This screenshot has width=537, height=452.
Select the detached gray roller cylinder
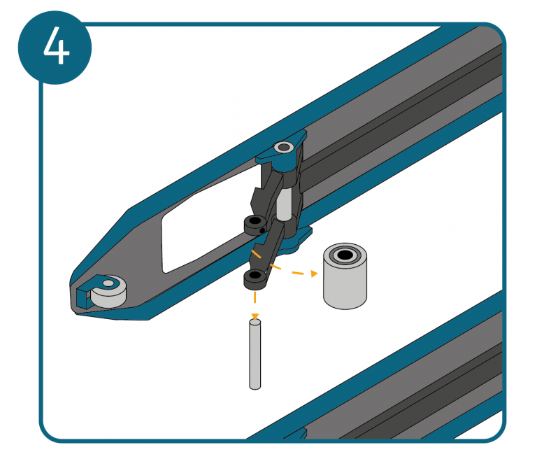345,276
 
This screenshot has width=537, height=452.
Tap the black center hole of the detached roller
345,255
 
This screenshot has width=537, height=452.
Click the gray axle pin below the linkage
255,354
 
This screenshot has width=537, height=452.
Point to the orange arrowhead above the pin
255,316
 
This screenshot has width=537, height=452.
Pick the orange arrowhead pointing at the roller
314,273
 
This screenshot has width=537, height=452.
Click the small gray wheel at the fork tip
109,292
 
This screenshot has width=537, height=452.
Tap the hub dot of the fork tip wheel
108,283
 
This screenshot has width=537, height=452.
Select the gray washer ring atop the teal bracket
284,148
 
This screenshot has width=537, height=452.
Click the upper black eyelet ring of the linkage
255,225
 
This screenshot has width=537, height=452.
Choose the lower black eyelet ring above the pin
255,279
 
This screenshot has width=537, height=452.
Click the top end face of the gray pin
255,322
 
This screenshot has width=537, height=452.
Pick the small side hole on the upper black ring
262,231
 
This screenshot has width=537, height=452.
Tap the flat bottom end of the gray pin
255,387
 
